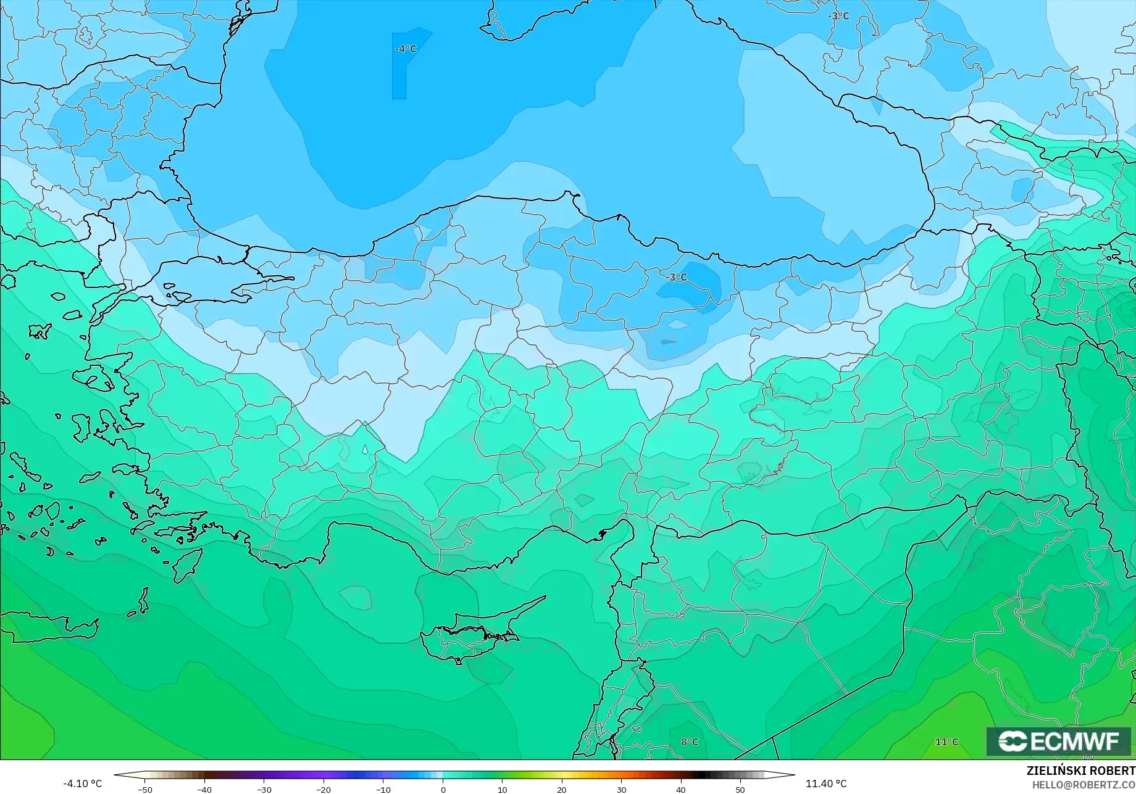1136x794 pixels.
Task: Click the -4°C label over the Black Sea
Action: coord(406,49)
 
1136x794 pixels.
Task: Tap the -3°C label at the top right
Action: coord(838,16)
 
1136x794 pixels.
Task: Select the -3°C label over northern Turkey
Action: coord(676,277)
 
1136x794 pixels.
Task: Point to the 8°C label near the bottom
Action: coord(690,742)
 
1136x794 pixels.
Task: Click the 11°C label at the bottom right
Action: coord(946,742)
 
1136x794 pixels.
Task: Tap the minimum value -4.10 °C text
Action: coord(82,784)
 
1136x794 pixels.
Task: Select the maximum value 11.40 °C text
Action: coord(826,784)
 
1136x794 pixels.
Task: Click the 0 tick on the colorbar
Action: coord(443,789)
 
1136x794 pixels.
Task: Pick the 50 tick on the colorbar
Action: coord(740,789)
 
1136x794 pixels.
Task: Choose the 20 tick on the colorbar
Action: coord(562,789)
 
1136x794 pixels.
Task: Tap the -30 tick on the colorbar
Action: coord(264,789)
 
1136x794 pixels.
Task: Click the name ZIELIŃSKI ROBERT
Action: coord(1080,771)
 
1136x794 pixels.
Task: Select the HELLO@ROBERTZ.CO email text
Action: coord(1084,784)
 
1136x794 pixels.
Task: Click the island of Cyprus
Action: coord(469,635)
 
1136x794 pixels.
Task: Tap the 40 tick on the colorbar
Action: coord(680,789)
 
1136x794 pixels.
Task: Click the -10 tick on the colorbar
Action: coord(383,789)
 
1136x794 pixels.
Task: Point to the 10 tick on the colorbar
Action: coord(502,789)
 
